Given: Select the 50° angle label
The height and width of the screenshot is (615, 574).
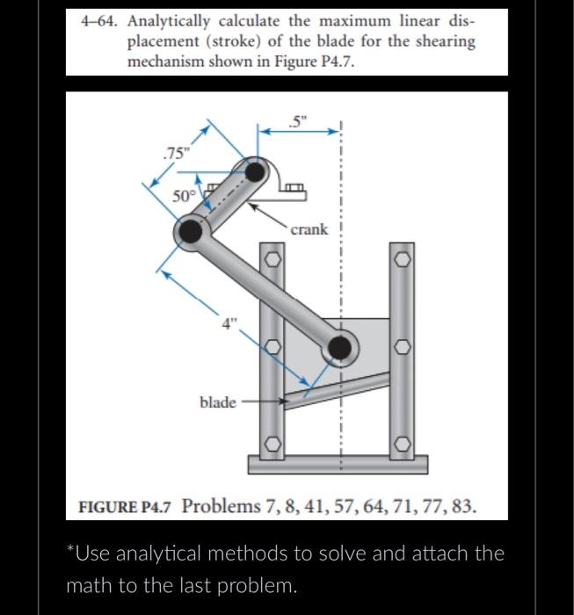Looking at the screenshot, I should point(183,196).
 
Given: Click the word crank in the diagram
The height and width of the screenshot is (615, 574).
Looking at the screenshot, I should point(309,229).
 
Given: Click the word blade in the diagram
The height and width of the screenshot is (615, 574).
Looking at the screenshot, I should point(217,402).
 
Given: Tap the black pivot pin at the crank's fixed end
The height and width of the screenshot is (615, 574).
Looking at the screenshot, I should point(256,170).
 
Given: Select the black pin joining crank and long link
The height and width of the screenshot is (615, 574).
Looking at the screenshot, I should point(190,231).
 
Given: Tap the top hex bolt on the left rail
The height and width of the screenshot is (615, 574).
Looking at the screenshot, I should point(272,258).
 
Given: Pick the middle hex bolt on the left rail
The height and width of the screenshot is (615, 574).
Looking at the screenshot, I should point(272,351).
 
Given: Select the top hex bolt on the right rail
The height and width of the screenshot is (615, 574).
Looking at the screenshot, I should point(402,258).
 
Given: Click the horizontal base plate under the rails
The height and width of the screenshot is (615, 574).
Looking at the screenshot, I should point(338,464).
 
